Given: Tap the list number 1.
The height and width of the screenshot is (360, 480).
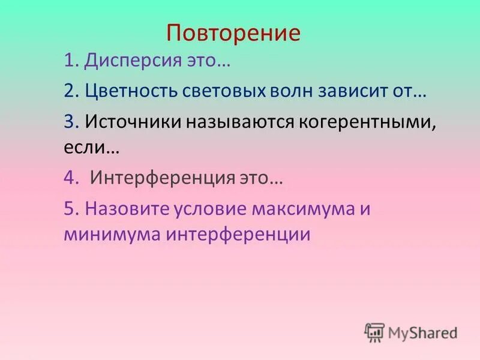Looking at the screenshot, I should (70, 61).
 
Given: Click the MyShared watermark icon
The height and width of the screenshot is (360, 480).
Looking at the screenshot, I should (374, 332).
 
